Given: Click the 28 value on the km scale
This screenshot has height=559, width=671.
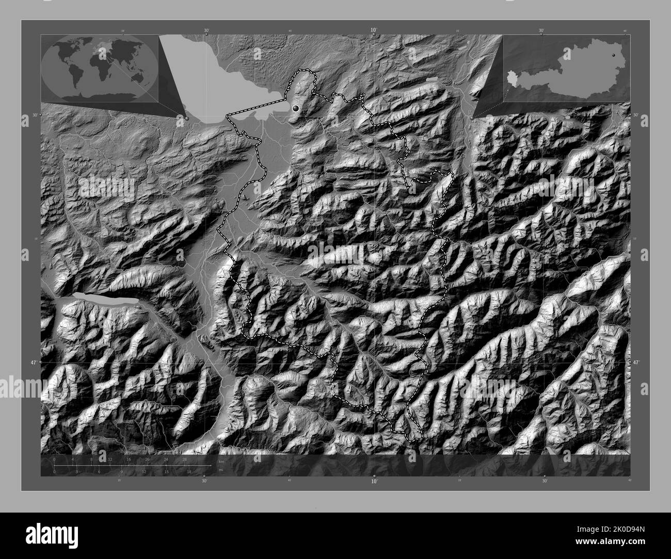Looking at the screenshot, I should tap(184, 459).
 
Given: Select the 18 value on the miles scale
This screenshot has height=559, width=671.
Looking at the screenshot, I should tap(189, 471).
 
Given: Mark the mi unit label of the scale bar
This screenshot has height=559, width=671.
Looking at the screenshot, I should tap(221, 470).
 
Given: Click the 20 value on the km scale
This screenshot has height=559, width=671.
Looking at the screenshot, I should tap(148, 459).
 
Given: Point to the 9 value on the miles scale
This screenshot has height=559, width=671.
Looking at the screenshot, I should tap(122, 471).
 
